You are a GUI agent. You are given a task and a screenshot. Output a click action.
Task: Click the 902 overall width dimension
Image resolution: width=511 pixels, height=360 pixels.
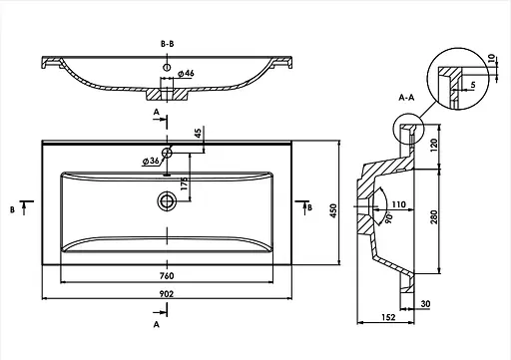[x=167, y=294]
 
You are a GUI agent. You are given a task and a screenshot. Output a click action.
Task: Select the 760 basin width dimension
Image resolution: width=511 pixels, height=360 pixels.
[x=167, y=276]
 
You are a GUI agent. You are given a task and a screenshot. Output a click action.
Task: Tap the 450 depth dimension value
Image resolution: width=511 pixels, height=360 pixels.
[x=333, y=210]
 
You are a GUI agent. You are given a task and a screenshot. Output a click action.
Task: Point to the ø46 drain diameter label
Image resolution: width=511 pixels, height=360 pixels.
[x=186, y=74]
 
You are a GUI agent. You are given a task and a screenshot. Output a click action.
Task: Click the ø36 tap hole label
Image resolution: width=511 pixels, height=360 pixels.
[x=151, y=162]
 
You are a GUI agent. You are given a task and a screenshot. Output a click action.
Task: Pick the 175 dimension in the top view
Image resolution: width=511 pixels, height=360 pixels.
[x=184, y=183]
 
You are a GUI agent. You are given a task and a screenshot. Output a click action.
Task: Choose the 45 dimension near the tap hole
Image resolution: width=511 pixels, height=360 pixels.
[x=198, y=134]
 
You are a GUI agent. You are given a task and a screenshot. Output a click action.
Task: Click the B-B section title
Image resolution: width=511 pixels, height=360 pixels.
[x=168, y=44]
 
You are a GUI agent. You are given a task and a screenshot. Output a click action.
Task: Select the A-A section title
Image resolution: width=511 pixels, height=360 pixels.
[x=406, y=98]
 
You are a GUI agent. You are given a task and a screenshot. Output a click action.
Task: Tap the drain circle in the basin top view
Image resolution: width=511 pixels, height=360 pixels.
[x=167, y=200]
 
